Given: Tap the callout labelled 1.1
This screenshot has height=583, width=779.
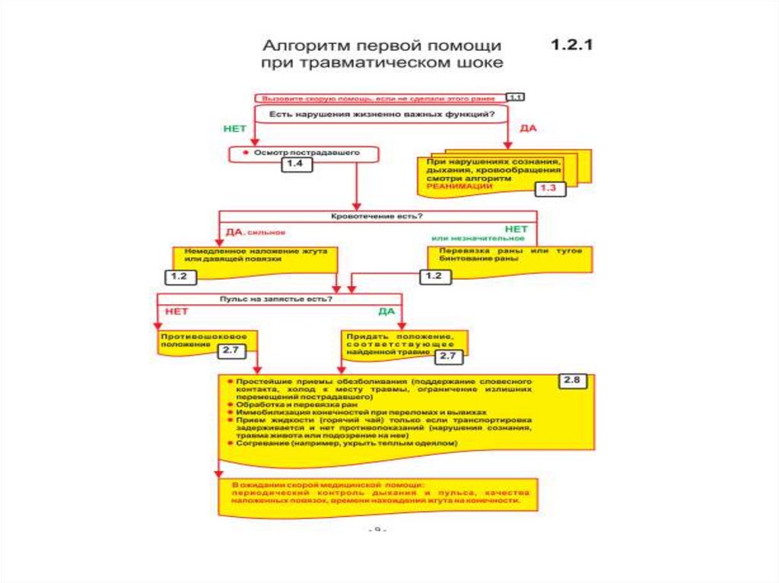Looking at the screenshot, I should (515, 97).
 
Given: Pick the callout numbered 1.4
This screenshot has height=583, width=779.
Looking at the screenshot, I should (297, 164).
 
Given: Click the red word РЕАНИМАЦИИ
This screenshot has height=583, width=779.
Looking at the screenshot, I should (455, 185).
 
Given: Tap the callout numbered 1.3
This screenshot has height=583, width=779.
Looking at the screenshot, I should (548, 188).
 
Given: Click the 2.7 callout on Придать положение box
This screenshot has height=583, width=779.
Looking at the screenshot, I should (447, 355).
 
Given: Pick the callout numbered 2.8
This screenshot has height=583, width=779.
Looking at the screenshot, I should (573, 381).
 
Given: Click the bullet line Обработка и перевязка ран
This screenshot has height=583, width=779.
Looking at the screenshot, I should (274, 404).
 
